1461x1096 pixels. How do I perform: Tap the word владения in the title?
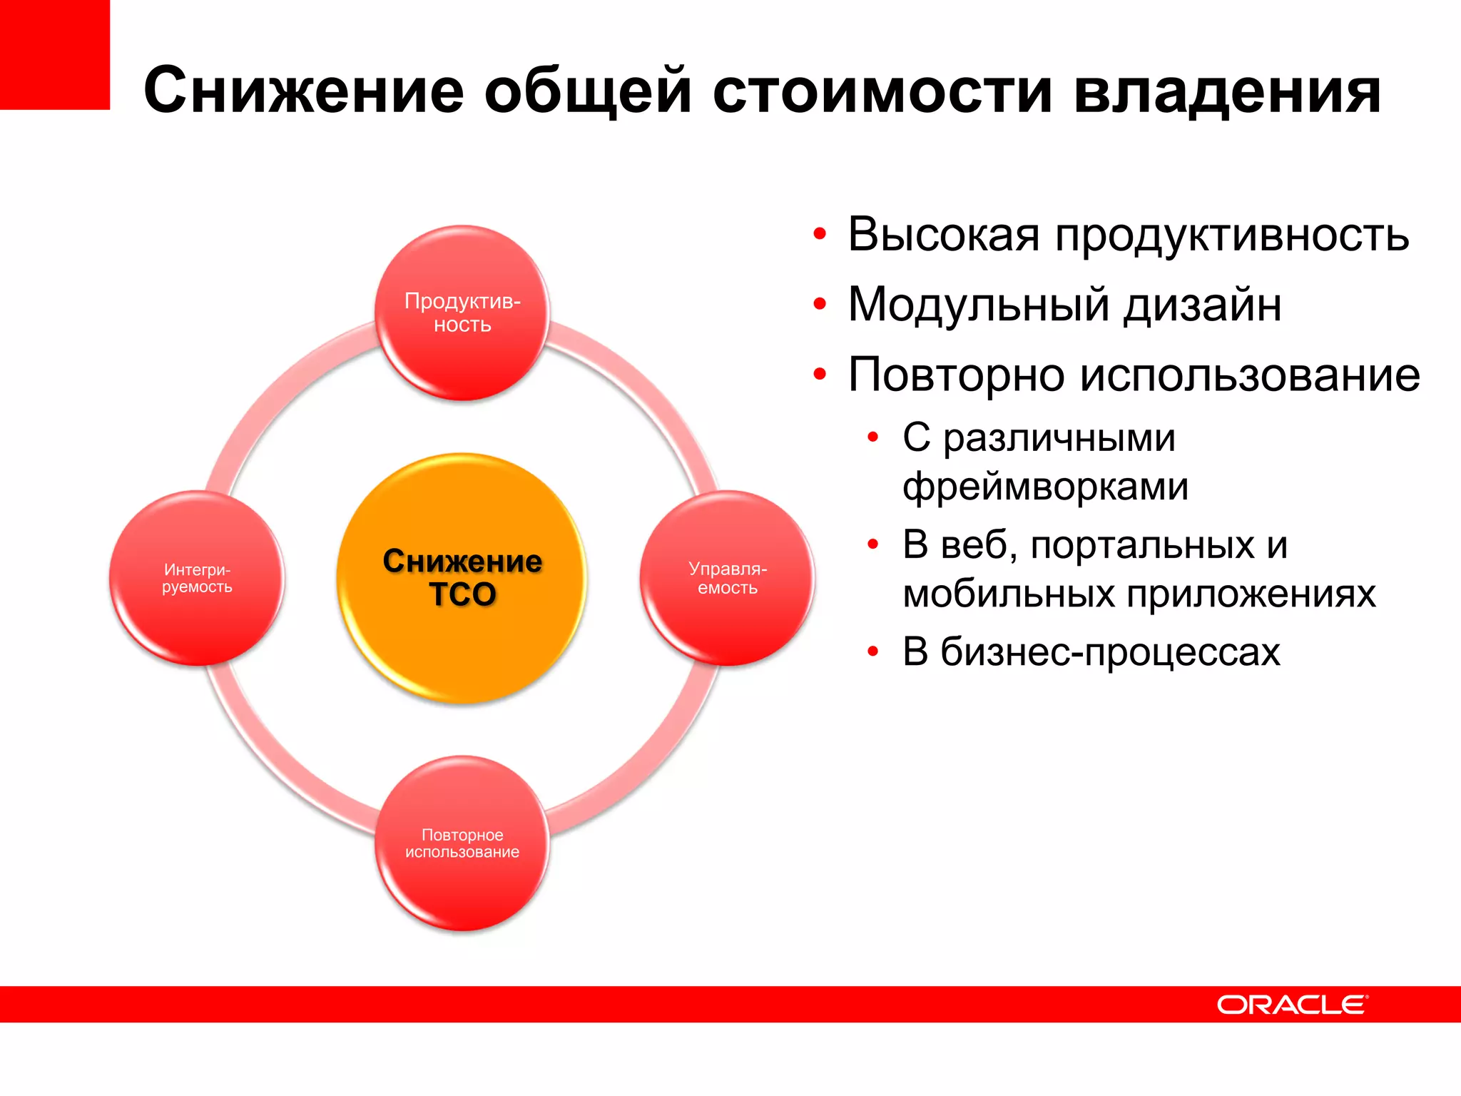(x=1227, y=91)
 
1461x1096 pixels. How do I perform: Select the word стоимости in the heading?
(x=882, y=91)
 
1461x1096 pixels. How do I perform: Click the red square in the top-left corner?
(x=54, y=54)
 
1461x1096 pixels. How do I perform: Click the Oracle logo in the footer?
(x=1292, y=1005)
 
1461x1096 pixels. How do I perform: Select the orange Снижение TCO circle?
(x=462, y=578)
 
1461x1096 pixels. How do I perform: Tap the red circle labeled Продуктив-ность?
(x=462, y=313)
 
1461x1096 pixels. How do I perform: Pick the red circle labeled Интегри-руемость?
(x=197, y=578)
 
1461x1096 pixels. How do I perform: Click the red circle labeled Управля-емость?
(x=727, y=578)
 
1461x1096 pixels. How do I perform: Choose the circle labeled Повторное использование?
(x=462, y=843)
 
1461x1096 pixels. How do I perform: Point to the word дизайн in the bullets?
(x=1203, y=305)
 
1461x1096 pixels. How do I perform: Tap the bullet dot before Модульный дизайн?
(x=820, y=305)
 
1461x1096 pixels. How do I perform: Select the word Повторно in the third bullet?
(x=956, y=375)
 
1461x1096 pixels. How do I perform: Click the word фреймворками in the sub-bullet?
(x=1045, y=487)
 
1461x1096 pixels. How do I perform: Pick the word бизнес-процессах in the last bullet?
(x=1110, y=651)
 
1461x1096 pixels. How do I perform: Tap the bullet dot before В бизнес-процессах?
(x=872, y=651)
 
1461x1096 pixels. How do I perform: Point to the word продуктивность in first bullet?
(x=1232, y=235)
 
